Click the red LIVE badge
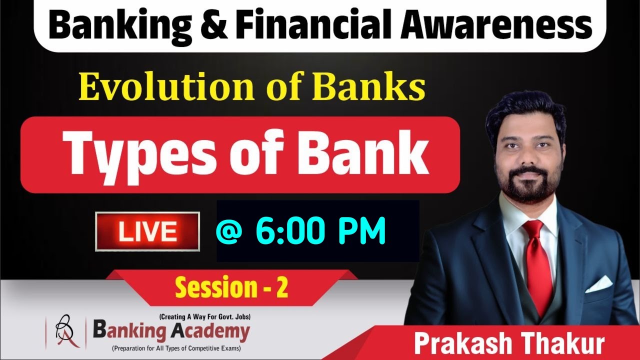click(x=147, y=231)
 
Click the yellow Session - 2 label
click(x=231, y=288)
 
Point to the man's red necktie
click(x=539, y=265)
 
